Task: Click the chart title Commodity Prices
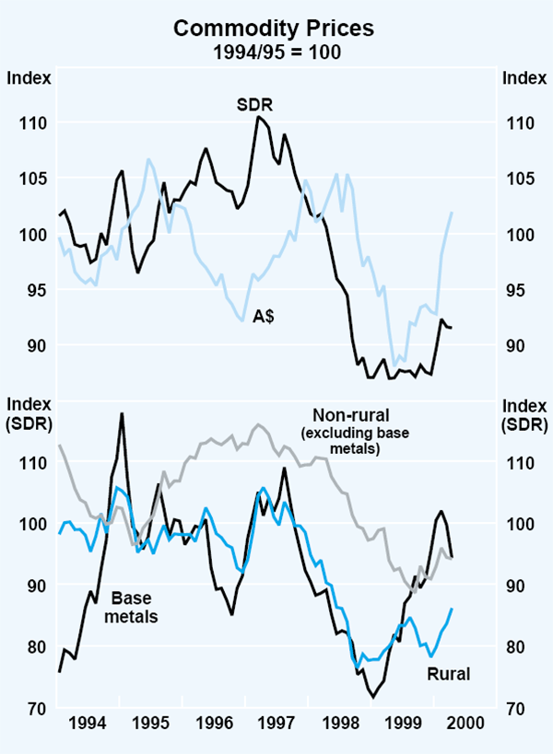click(276, 29)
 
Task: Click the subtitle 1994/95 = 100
click(276, 52)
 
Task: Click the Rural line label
click(448, 674)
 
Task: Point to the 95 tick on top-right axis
click(516, 290)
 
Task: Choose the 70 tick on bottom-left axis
click(38, 708)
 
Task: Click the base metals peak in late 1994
click(121, 414)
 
